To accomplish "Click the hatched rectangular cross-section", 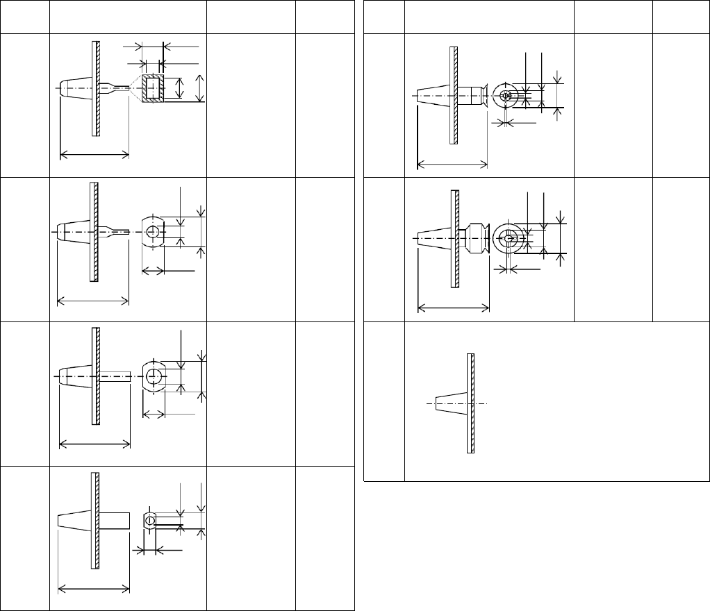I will (x=152, y=89).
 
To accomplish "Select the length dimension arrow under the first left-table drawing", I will (x=95, y=154).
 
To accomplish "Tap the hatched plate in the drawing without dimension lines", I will (x=471, y=403).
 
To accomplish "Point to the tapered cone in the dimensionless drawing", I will (x=450, y=403).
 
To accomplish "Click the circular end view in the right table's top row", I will (x=506, y=96).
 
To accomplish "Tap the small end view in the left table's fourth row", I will (x=149, y=520).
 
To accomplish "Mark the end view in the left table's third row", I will (x=154, y=376).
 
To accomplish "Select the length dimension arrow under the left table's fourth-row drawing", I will (x=93, y=589).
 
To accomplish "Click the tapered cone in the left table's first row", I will (x=73, y=88).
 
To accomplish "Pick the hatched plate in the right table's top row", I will (x=453, y=94).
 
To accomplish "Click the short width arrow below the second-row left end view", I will (x=153, y=270).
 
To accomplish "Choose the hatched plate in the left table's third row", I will (x=94, y=376).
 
